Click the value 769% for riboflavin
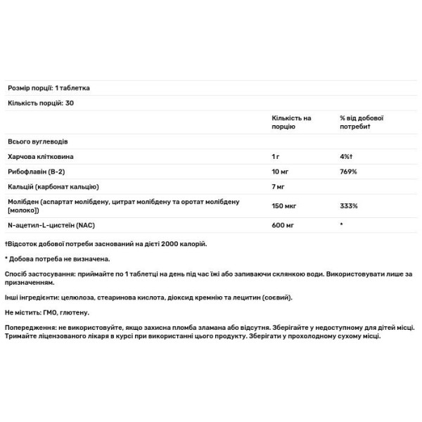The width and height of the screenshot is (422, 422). coord(349,171)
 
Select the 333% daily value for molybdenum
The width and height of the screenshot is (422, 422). coord(349,206)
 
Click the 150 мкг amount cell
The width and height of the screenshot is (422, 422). coord(284,206)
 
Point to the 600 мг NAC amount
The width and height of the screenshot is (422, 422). coord(283,225)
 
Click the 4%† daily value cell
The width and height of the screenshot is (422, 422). coord(347,155)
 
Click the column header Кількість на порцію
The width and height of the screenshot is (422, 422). coord(291,122)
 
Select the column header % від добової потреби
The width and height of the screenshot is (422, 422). coord(362,122)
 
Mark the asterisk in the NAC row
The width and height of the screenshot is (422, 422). coord(341,225)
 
